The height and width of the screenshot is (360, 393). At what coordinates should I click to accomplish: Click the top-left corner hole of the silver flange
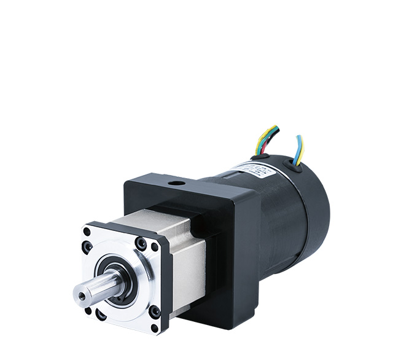[x=87, y=232]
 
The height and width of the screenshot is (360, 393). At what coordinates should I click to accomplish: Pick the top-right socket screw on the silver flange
[x=141, y=245]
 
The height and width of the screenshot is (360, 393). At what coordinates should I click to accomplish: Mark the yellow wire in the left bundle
[x=259, y=141]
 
